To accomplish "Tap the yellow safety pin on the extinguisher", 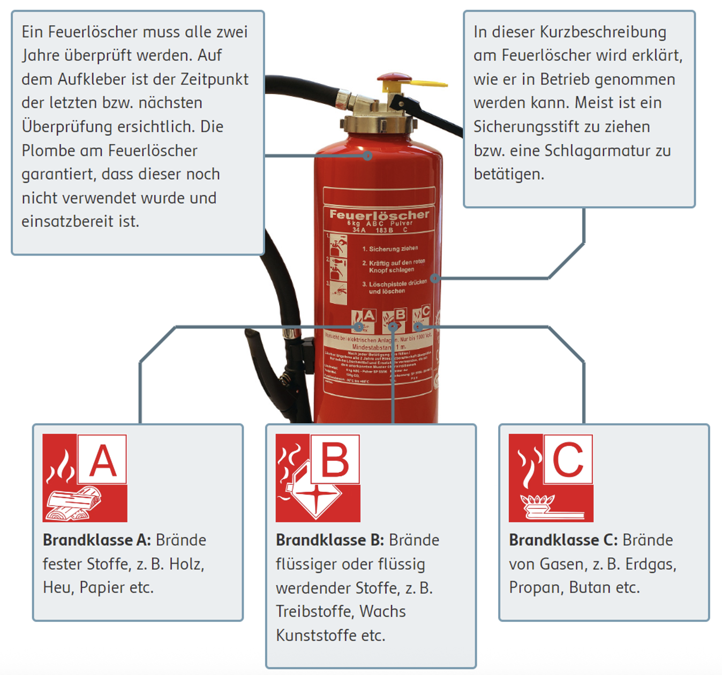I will pyautogui.click(x=428, y=84).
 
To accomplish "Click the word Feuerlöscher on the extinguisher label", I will pyautogui.click(x=379, y=214).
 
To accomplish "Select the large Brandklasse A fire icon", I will pyautogui.click(x=85, y=478).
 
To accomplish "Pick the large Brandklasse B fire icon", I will pyautogui.click(x=318, y=478).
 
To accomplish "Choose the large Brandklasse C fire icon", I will pyautogui.click(x=551, y=478).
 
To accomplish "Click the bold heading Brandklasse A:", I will pyautogui.click(x=97, y=540).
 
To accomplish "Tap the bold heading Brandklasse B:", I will pyautogui.click(x=330, y=540).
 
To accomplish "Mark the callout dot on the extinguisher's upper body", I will pyautogui.click(x=367, y=156).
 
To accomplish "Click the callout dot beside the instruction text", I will pyautogui.click(x=435, y=278).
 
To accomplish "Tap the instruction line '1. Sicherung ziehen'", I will pyautogui.click(x=390, y=249).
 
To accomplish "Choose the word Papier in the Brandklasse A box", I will pyautogui.click(x=101, y=588).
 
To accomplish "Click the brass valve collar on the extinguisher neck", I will pyautogui.click(x=379, y=123).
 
